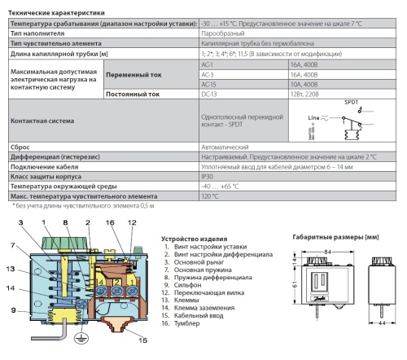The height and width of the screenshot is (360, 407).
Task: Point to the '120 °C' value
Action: coord(211,196)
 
